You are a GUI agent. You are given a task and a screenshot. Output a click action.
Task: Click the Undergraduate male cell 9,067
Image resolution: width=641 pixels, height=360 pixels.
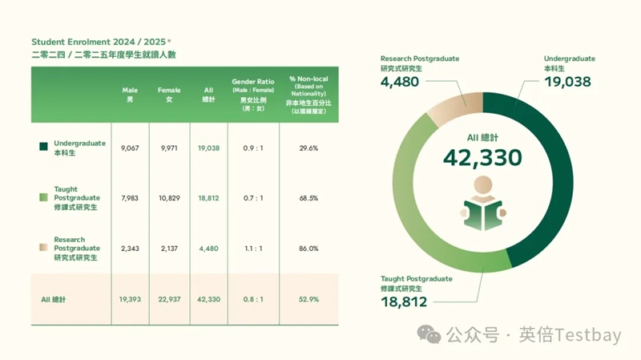(x=131, y=148)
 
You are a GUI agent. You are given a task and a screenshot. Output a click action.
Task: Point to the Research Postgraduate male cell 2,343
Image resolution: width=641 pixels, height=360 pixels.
(x=131, y=249)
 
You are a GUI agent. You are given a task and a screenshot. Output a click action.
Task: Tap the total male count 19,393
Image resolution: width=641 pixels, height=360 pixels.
(x=130, y=299)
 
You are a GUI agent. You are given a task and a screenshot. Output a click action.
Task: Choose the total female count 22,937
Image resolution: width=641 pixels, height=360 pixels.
(x=169, y=299)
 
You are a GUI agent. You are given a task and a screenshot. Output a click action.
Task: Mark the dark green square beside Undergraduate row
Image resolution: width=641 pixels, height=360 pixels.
(x=43, y=148)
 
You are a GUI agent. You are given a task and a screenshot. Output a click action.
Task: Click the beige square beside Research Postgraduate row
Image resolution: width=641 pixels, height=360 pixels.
(x=43, y=249)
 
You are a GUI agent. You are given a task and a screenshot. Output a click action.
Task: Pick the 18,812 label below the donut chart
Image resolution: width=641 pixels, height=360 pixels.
(x=404, y=301)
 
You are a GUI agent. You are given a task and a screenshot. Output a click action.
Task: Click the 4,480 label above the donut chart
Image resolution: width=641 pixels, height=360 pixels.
(x=400, y=82)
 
